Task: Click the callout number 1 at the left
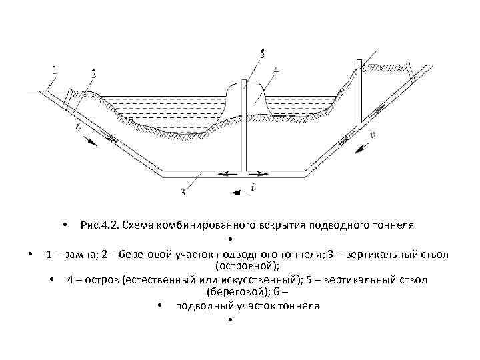[x=54, y=69]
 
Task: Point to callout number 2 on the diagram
[x=93, y=73]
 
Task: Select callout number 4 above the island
[x=276, y=69]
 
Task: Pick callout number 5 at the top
[x=262, y=53]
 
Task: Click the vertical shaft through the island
[x=245, y=127]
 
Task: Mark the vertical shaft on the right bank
[x=359, y=93]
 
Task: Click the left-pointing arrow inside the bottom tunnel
[x=226, y=175]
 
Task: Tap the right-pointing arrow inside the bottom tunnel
[x=261, y=175]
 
